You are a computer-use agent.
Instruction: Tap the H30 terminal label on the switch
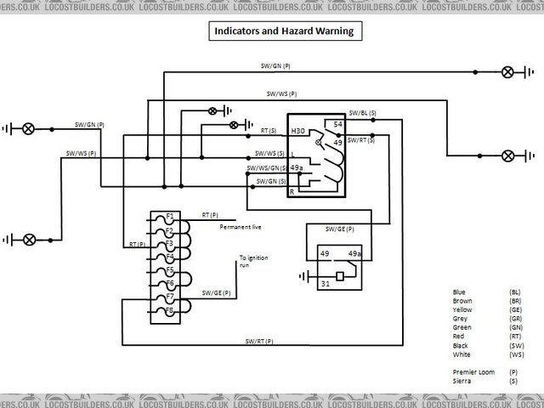[298, 132]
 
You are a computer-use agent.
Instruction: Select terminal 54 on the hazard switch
[337, 124]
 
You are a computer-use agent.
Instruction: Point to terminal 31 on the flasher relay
[324, 284]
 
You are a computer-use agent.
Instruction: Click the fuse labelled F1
[170, 216]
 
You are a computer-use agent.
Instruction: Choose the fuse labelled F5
[170, 270]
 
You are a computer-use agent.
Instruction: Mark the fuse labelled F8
[170, 310]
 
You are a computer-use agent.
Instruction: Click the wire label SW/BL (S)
[363, 112]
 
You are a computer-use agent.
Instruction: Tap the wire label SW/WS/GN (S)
[266, 168]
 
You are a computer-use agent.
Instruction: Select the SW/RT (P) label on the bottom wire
[259, 341]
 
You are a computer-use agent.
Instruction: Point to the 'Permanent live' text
[241, 228]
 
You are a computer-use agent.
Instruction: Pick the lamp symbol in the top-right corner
[507, 73]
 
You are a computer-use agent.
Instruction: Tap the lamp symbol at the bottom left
[29, 239]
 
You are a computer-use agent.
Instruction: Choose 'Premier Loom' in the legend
[471, 371]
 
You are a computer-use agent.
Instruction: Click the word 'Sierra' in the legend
[462, 382]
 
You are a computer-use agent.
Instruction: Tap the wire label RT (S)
[269, 132]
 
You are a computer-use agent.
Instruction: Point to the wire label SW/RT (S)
[363, 139]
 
